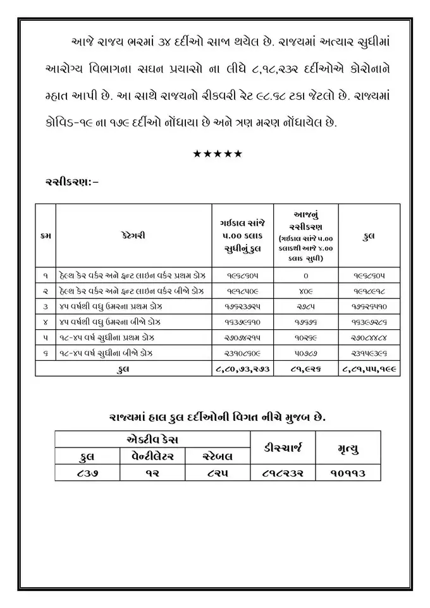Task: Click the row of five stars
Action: pyautogui.click(x=217, y=154)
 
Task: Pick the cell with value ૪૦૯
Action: pyautogui.click(x=305, y=291)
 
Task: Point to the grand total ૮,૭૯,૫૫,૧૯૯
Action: pyautogui.click(x=369, y=368)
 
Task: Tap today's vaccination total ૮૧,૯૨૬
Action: pyautogui.click(x=305, y=368)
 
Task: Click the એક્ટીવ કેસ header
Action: pyautogui.click(x=152, y=439)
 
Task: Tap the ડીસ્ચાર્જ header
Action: pyautogui.click(x=283, y=447)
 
